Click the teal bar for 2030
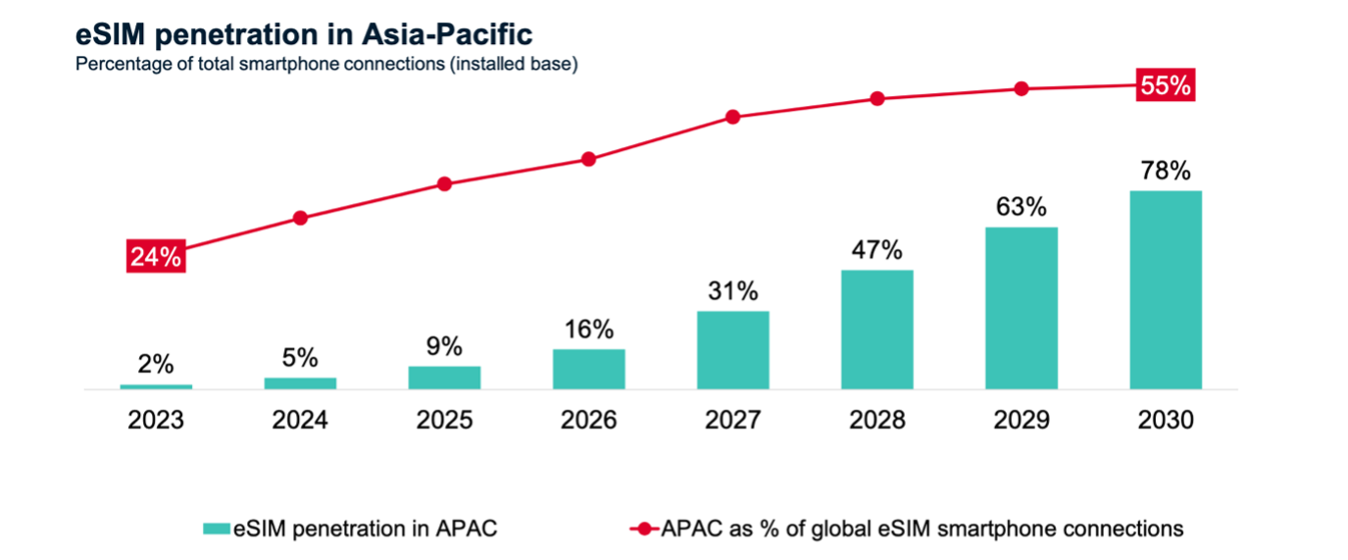1166,290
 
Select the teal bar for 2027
733,350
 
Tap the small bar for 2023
156,386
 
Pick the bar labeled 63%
1022,308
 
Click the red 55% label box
1165,85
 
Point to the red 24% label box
155,257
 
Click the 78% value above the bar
1166,172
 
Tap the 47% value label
877,250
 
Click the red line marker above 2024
301,218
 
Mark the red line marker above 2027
732,118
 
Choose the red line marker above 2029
1021,88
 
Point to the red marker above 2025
444,184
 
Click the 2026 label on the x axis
589,420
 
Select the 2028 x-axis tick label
877,420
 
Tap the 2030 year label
1166,420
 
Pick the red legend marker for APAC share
643,529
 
